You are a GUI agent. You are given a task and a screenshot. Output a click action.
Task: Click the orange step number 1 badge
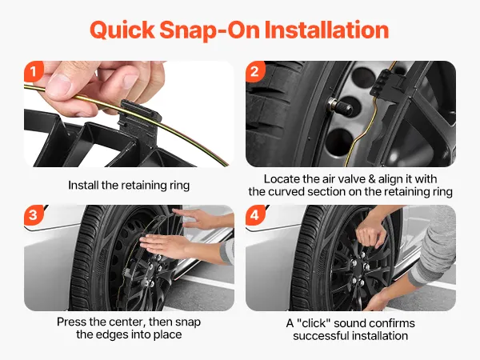tap(34, 72)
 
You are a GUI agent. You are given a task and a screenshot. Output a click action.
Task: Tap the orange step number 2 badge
tap(255, 72)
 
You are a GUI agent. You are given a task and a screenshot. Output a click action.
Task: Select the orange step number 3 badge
tap(34, 215)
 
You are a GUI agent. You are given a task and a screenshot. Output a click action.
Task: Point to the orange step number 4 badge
tap(255, 215)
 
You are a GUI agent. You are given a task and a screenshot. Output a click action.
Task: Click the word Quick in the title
tap(122, 30)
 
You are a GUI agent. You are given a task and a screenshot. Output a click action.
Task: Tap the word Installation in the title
tap(326, 30)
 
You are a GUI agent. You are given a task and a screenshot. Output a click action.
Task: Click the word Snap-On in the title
tap(210, 30)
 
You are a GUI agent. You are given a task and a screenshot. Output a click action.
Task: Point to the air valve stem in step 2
tap(339, 106)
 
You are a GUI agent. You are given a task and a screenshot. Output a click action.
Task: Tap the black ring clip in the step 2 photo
tap(387, 86)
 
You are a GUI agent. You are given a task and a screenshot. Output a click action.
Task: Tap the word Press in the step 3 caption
tap(70, 322)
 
